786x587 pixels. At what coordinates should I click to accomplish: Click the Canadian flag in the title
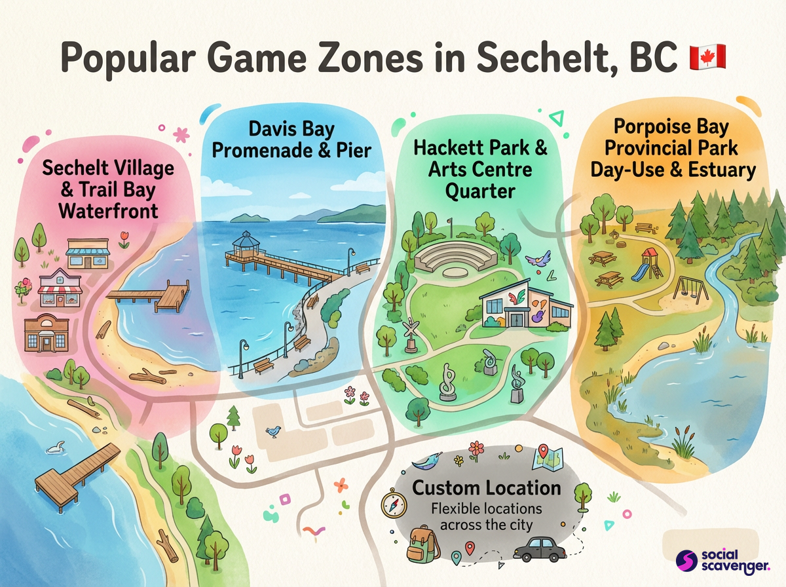click(x=707, y=58)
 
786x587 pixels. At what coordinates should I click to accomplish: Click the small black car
click(x=538, y=548)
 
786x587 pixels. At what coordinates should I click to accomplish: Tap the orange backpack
click(x=423, y=543)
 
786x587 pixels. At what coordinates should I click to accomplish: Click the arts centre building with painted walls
click(x=525, y=305)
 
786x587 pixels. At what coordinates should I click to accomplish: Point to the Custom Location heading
click(x=486, y=488)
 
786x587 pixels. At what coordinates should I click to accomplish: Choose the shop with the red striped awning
click(x=60, y=288)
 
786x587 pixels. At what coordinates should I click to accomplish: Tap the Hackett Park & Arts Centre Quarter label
click(x=480, y=169)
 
